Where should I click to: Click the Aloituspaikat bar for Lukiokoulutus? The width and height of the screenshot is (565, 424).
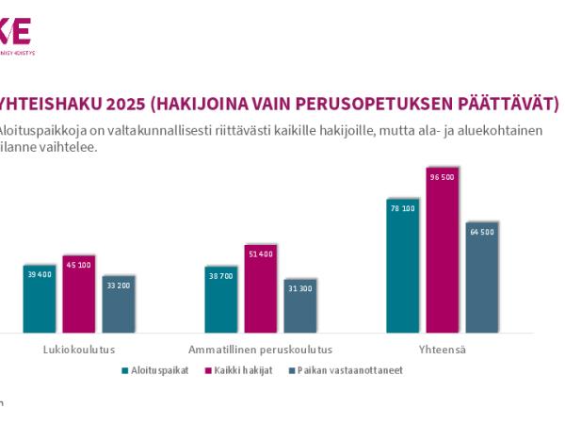(x=40, y=299)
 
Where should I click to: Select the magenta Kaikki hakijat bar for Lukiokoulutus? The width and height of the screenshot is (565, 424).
(x=79, y=294)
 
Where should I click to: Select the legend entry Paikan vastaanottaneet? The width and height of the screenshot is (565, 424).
(x=349, y=370)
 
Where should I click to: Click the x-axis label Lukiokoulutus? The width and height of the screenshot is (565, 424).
(x=79, y=349)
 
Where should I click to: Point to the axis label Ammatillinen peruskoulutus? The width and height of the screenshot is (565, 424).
(x=260, y=349)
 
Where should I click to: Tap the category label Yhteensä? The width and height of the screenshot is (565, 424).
(x=442, y=349)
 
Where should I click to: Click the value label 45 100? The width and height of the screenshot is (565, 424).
(x=79, y=265)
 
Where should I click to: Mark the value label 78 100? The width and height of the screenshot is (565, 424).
(x=402, y=208)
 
